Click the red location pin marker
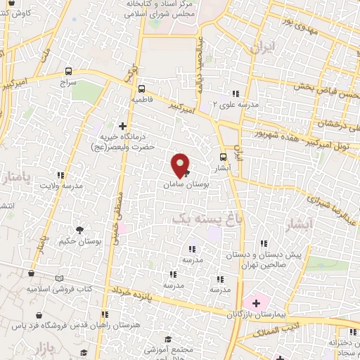point(181,164)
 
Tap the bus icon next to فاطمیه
point(141,89)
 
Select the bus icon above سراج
point(68,71)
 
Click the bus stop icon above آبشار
point(224,157)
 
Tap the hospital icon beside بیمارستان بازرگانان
point(256,303)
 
